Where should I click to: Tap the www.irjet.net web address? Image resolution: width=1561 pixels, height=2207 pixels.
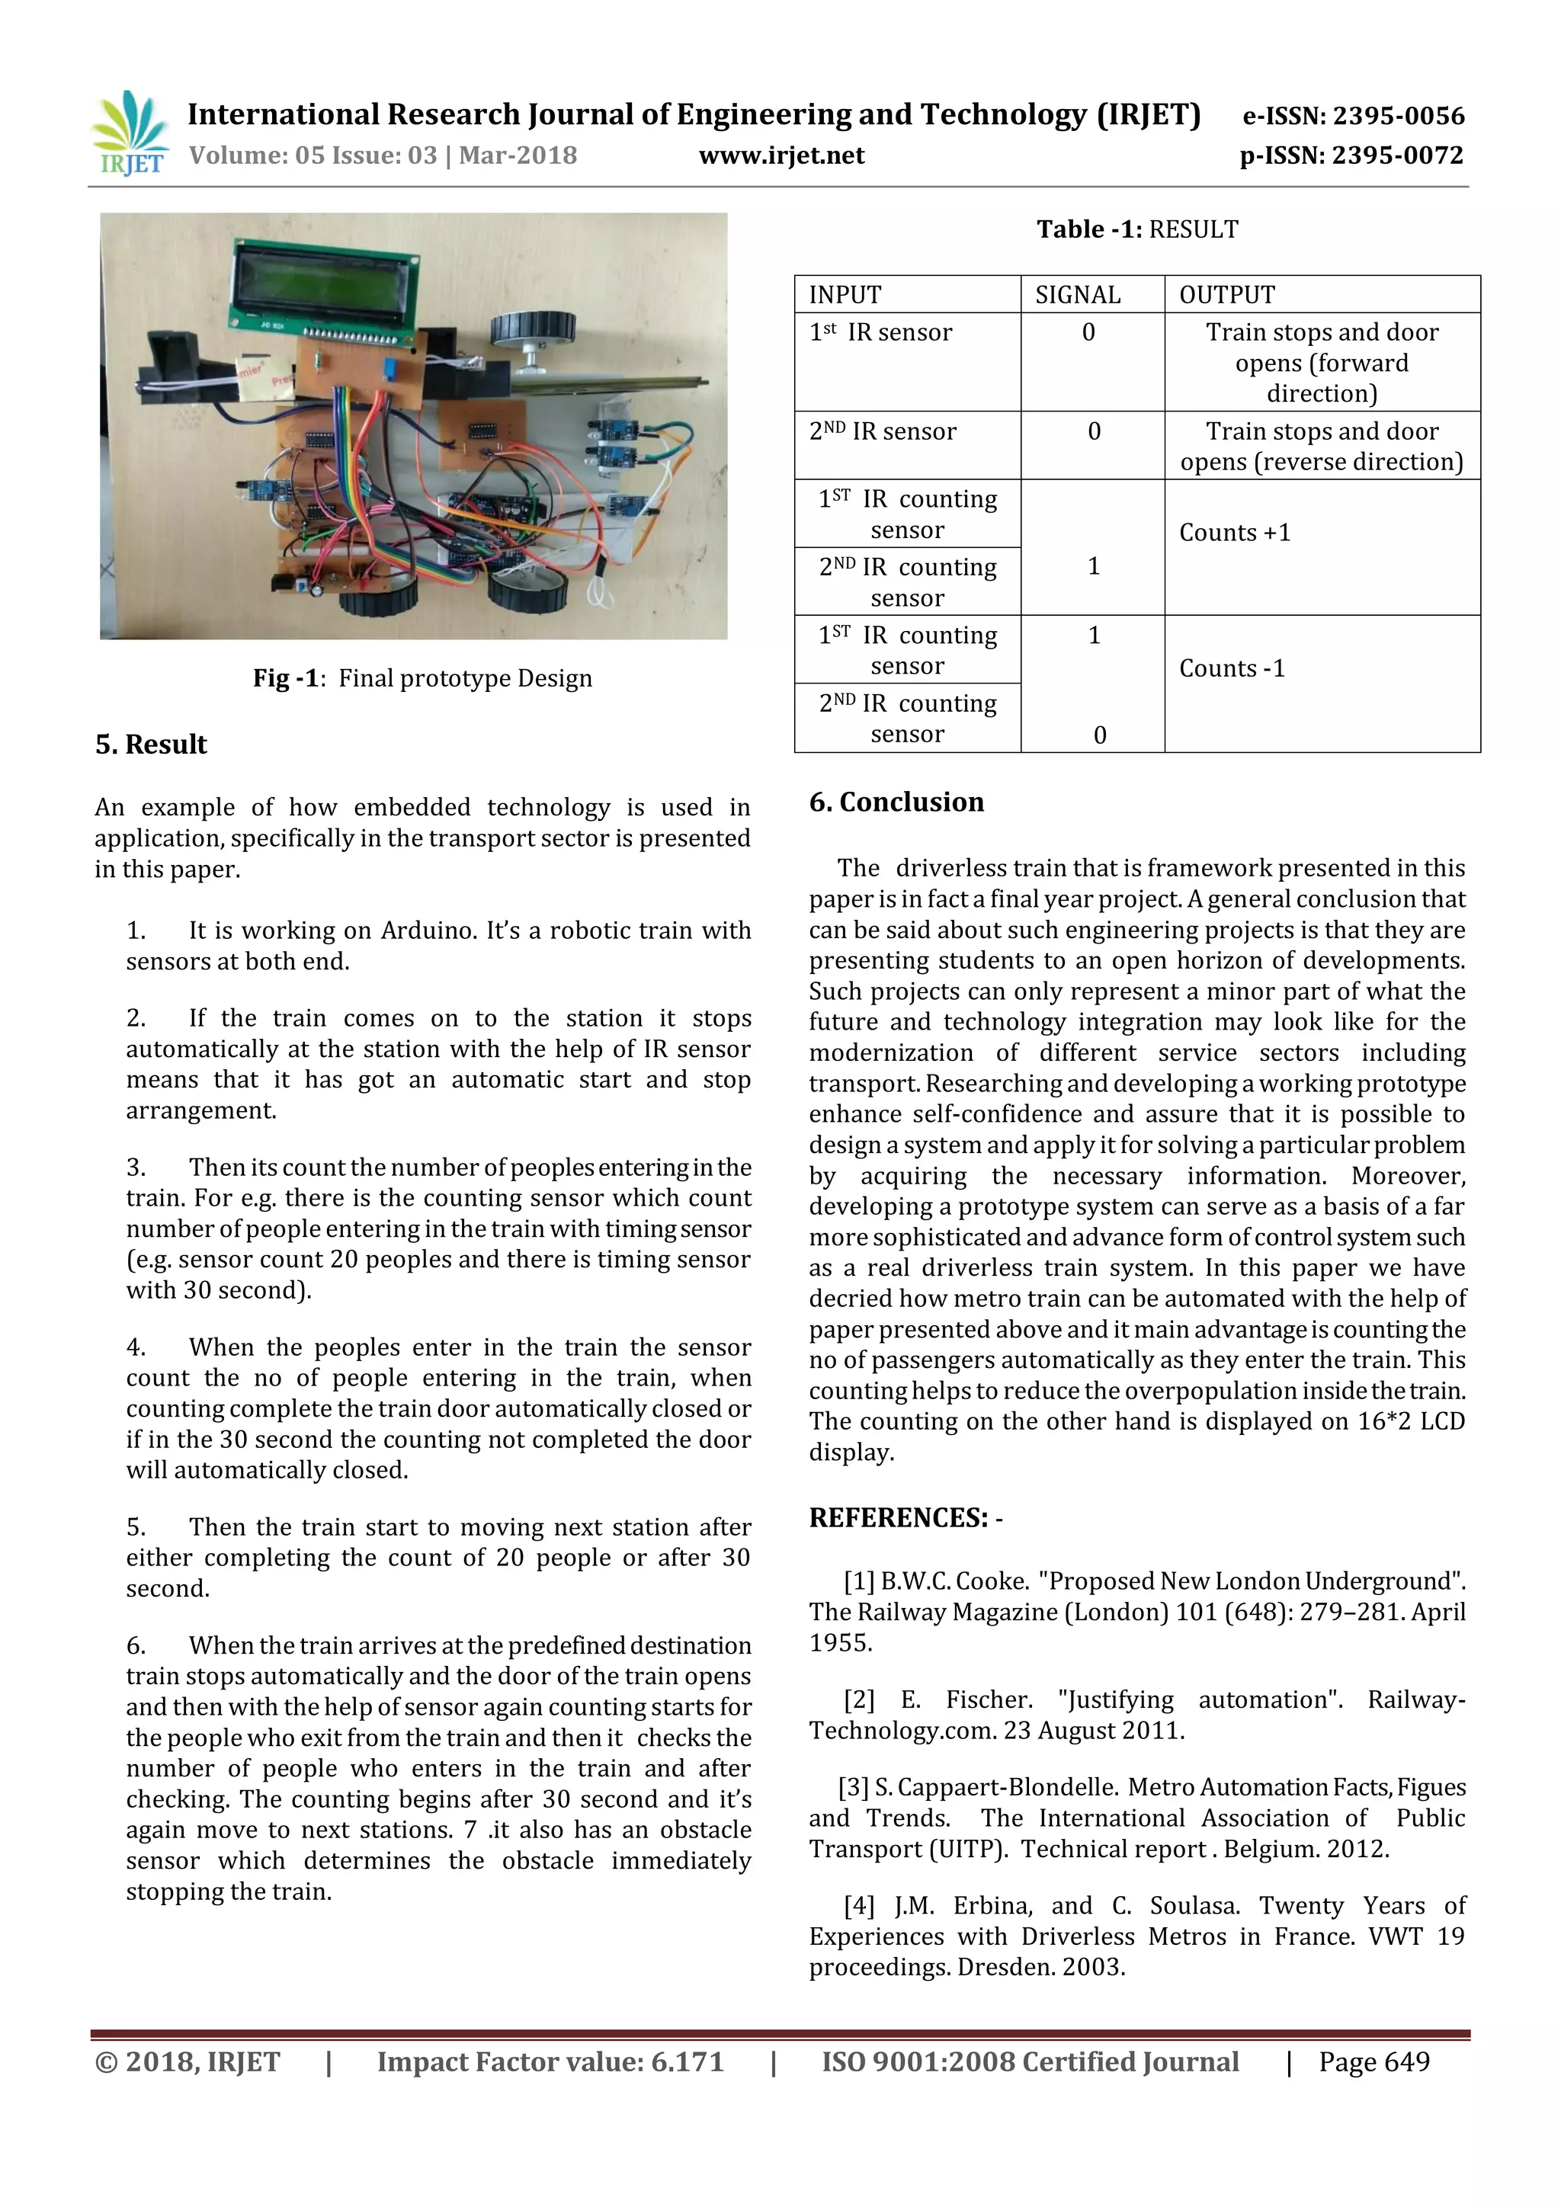click(780, 155)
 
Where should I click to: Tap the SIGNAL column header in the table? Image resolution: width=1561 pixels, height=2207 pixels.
click(1078, 295)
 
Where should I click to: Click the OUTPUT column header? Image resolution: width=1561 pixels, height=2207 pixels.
click(1226, 295)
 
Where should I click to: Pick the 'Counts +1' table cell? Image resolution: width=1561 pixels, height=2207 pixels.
click(1235, 533)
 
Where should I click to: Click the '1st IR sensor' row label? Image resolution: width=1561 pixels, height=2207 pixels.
click(880, 332)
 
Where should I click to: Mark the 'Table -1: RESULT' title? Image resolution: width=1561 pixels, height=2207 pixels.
click(1137, 229)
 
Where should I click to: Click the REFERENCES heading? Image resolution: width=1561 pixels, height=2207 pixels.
click(905, 1518)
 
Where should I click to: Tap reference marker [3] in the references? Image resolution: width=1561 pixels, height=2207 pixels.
click(854, 1788)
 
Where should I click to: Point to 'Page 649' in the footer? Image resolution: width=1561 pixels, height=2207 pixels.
click(1373, 2062)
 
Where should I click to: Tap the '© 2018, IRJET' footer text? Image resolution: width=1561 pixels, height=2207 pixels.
click(188, 2062)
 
